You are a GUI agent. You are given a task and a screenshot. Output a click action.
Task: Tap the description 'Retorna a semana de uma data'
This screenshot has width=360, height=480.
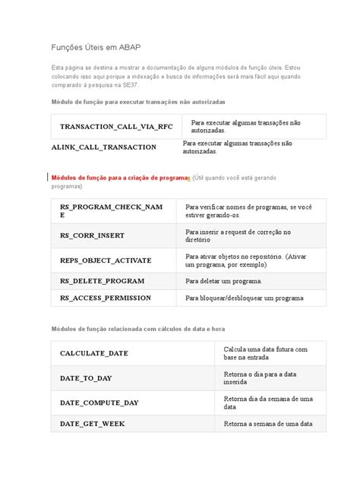[268, 424]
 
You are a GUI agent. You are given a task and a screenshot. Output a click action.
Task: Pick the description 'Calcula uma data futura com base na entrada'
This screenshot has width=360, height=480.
[265, 353]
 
